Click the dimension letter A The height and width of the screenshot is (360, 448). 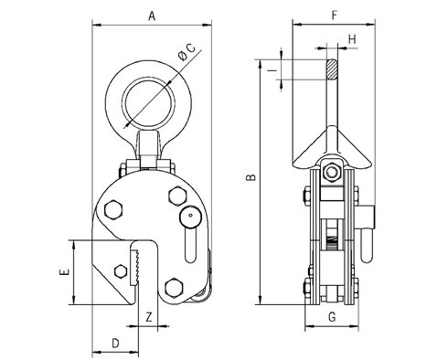[152, 16]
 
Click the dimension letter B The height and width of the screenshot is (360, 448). [251, 177]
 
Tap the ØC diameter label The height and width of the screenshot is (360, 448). [187, 52]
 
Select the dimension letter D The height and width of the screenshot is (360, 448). [115, 344]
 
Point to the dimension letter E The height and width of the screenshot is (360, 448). [64, 272]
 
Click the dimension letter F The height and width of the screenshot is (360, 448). [335, 16]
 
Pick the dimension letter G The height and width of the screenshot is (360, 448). [332, 317]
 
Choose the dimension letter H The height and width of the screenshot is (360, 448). [352, 39]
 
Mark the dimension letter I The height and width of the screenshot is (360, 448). [272, 70]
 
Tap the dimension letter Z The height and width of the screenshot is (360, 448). [149, 317]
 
